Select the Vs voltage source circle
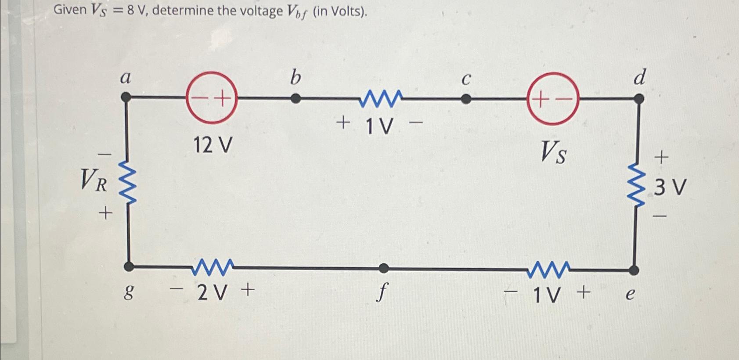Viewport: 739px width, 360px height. pyautogui.click(x=552, y=99)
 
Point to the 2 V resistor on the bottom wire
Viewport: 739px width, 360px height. pyautogui.click(x=214, y=265)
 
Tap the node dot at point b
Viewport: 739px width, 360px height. pyautogui.click(x=296, y=99)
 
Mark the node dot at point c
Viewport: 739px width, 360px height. pyautogui.click(x=466, y=100)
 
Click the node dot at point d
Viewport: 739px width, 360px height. pyautogui.click(x=639, y=100)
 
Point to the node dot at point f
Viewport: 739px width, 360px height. pyautogui.click(x=384, y=268)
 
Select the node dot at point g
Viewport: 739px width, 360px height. pyautogui.click(x=129, y=266)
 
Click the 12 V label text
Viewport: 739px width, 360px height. pyautogui.click(x=213, y=145)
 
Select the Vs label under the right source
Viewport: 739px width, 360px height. pyautogui.click(x=553, y=152)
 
